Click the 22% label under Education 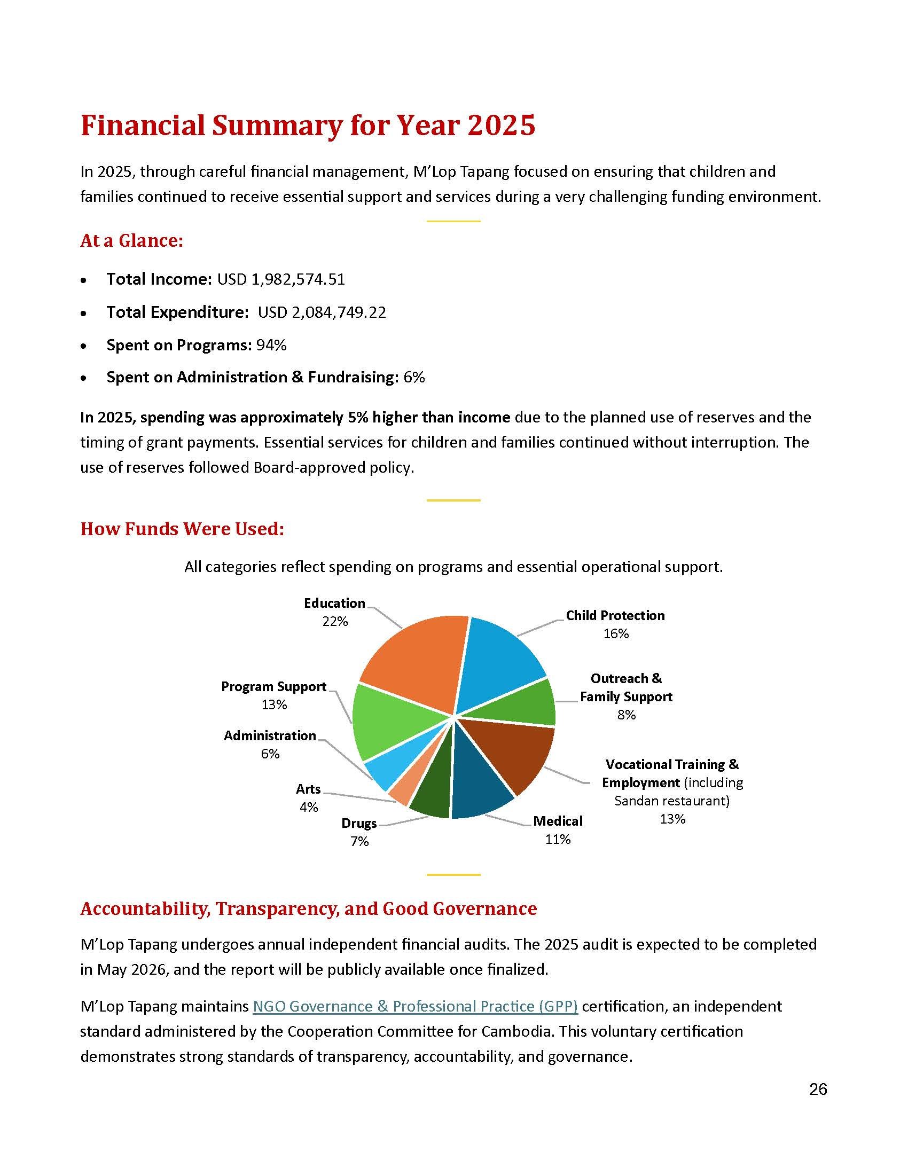click(335, 621)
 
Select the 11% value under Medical click(558, 839)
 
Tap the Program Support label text click(274, 686)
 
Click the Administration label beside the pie click(270, 735)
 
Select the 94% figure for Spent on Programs click(271, 345)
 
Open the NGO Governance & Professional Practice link click(414, 1006)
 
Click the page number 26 click(818, 1089)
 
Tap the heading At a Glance click(132, 240)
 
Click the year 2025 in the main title click(501, 126)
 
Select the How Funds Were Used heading click(182, 529)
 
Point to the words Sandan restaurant click(671, 801)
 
